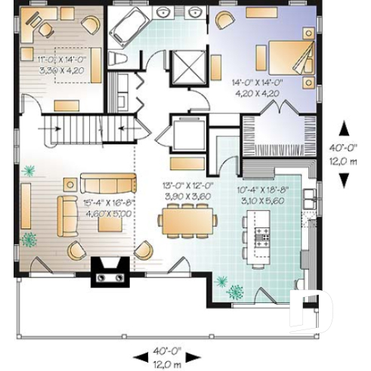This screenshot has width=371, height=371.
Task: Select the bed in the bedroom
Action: pos(286,57)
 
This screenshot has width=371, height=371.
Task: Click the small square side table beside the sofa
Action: pos(70,183)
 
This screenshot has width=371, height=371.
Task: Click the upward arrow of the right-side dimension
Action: pos(344,128)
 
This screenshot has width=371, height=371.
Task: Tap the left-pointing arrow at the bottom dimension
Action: pos(139,355)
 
